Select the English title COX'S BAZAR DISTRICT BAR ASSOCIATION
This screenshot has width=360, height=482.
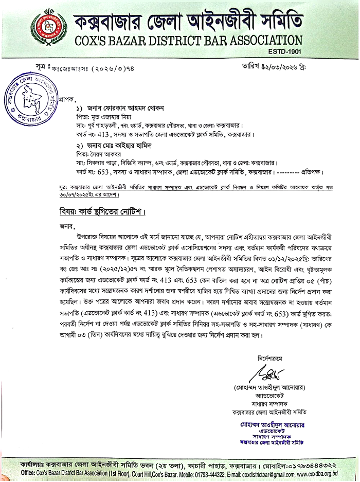click(x=188, y=40)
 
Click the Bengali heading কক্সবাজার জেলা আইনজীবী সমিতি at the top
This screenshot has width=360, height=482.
click(x=188, y=21)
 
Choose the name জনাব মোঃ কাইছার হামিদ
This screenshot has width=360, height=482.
click(x=113, y=145)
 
